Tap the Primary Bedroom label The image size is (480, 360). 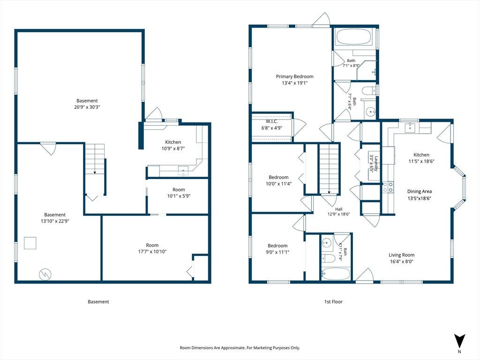pos(294,76)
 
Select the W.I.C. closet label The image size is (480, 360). pos(271,121)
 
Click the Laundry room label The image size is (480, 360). pos(376,164)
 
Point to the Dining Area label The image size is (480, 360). pos(420,191)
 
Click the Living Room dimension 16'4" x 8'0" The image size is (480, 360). pos(402,262)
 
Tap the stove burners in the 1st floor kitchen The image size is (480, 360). pos(388,187)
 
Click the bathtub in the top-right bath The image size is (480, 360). pos(354,37)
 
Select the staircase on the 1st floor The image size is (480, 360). pos(330,169)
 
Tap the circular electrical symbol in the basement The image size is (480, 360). pos(45,274)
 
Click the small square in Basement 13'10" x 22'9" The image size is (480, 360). pos(30,243)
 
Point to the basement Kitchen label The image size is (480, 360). pos(173,142)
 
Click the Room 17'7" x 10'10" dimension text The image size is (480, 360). pos(152,252)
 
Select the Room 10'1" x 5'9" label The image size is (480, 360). pos(179,193)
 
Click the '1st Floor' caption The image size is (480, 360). pos(333,301)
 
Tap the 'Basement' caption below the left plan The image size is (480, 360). pos(98,301)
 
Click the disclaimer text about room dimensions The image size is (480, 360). pos(240,348)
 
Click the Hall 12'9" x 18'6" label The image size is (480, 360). pos(338,211)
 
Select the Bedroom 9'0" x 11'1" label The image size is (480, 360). pos(277,249)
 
